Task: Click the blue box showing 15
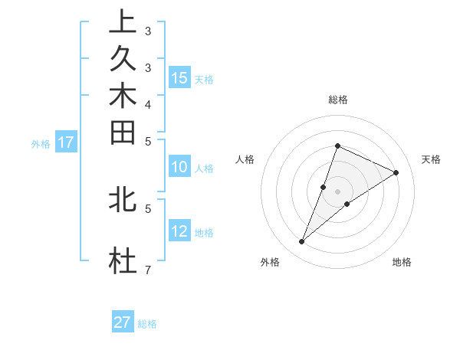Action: pos(179,77)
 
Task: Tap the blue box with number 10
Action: pos(179,168)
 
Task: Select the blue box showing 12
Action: pos(179,231)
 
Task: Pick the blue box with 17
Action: pos(66,142)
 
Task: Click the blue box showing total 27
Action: pos(123,322)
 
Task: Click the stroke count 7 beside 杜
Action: pos(148,270)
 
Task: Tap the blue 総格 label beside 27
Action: pos(147,324)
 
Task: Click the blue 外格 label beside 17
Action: pos(41,143)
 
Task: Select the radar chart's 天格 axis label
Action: pos(431,159)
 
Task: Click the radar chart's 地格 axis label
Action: pos(402,262)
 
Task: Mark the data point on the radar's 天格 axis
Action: pos(396,172)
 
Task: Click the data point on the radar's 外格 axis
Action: pos(302,242)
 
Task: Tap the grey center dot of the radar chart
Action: pos(337,191)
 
